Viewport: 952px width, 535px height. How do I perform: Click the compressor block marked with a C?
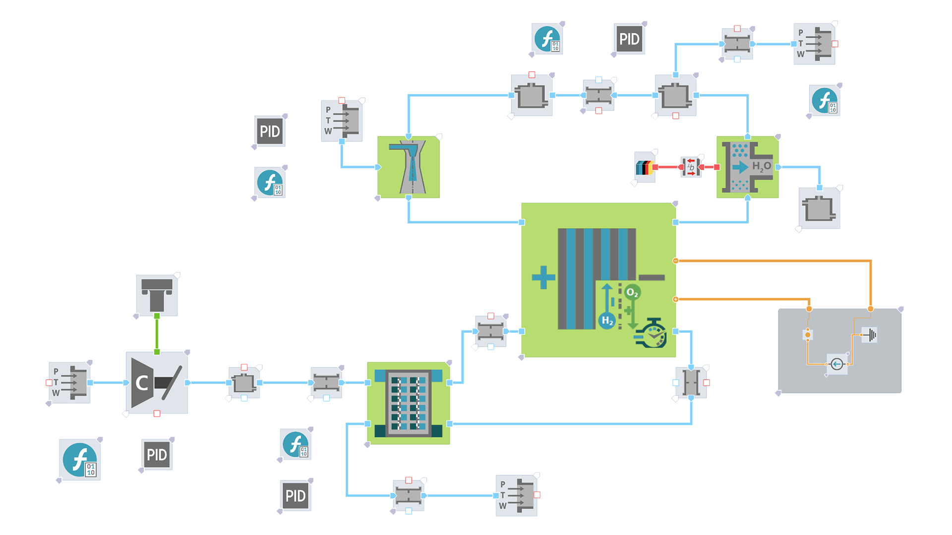(x=157, y=382)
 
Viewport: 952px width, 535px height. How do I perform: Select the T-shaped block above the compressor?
(x=157, y=295)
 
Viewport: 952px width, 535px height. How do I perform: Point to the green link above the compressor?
(x=157, y=334)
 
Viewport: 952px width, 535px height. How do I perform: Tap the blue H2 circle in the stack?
(x=607, y=321)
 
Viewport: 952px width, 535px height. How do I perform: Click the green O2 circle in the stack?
(x=632, y=292)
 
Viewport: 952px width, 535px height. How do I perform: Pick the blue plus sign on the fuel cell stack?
(x=543, y=277)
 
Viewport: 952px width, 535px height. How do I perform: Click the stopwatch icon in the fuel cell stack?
(x=651, y=333)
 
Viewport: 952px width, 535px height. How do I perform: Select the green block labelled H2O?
(x=747, y=167)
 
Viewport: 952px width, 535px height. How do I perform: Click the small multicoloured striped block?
(x=645, y=167)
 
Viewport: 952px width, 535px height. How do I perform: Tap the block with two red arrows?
(x=691, y=167)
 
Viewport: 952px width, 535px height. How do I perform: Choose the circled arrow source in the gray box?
(x=837, y=364)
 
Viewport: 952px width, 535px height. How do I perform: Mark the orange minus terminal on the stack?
(x=675, y=261)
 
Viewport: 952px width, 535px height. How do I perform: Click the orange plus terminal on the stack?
(x=675, y=299)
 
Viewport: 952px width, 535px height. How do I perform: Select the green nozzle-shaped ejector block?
(x=409, y=167)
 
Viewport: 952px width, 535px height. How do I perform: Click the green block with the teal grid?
(x=409, y=403)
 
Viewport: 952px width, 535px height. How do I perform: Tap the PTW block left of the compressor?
(x=69, y=382)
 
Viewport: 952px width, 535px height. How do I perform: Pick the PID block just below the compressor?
(x=157, y=454)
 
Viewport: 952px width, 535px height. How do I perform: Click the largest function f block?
(x=80, y=460)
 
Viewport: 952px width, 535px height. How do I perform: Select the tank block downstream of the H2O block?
(x=819, y=208)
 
